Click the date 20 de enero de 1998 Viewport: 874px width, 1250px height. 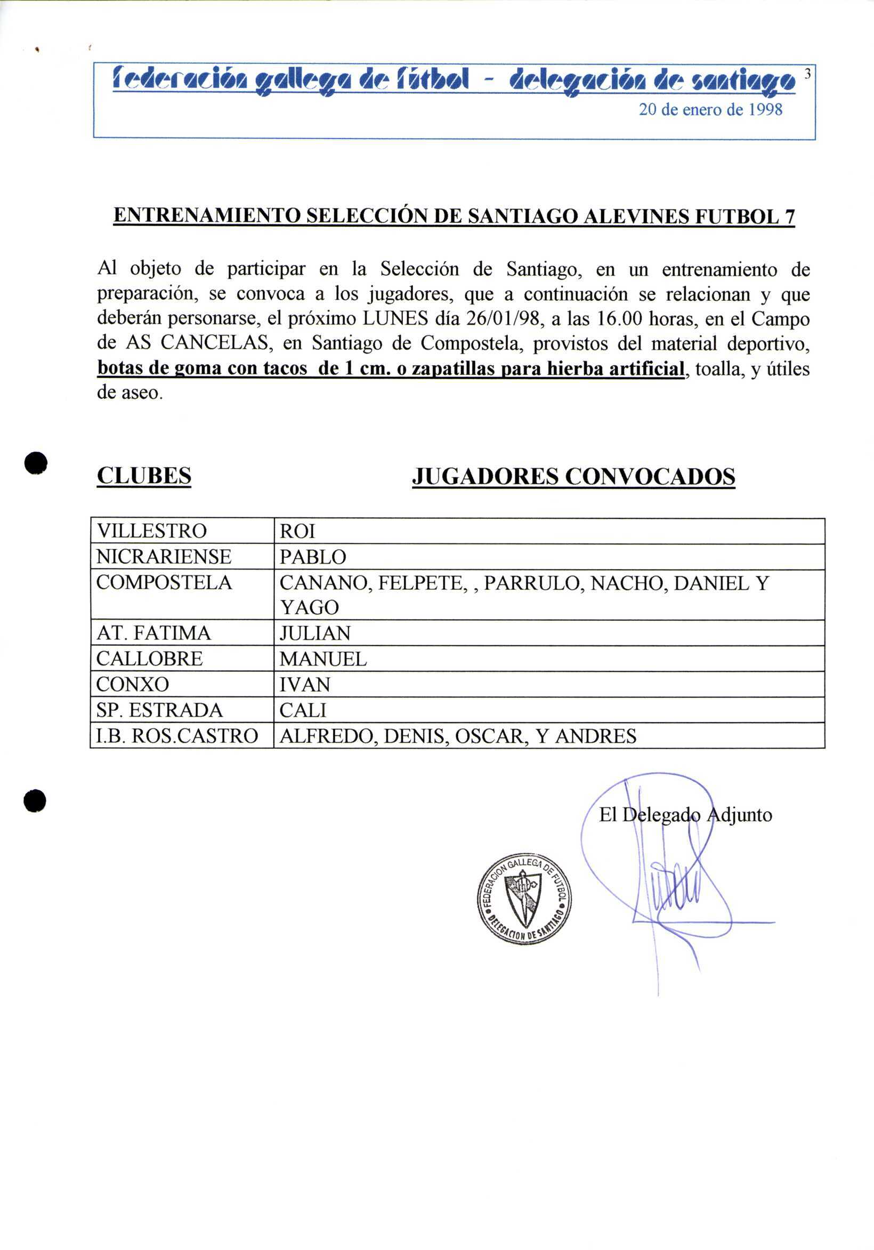tap(710, 110)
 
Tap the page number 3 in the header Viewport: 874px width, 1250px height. tap(807, 75)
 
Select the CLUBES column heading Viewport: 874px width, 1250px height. tap(144, 476)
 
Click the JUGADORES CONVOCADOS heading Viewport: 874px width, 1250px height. tap(573, 476)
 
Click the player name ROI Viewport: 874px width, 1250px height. tap(297, 531)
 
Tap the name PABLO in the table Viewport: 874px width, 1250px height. tap(313, 557)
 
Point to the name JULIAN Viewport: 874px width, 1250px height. tap(315, 633)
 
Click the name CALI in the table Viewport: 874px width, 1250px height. tap(303, 710)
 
